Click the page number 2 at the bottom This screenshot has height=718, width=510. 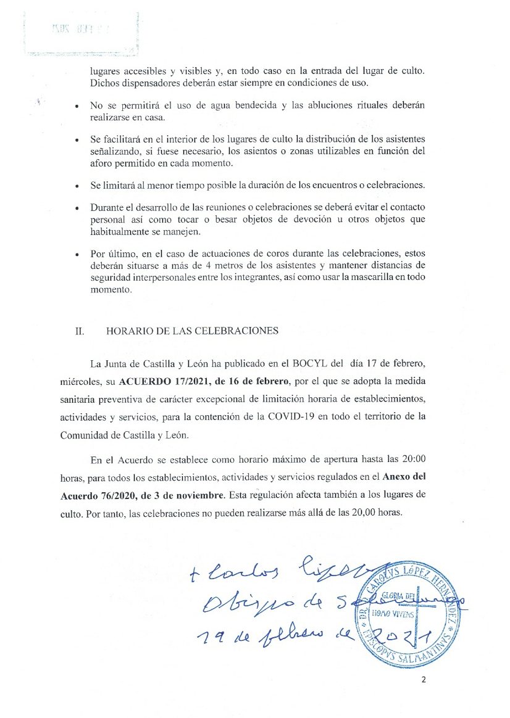[x=424, y=680]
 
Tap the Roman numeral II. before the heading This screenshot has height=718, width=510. [x=79, y=331]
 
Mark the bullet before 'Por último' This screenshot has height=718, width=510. [x=76, y=255]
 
